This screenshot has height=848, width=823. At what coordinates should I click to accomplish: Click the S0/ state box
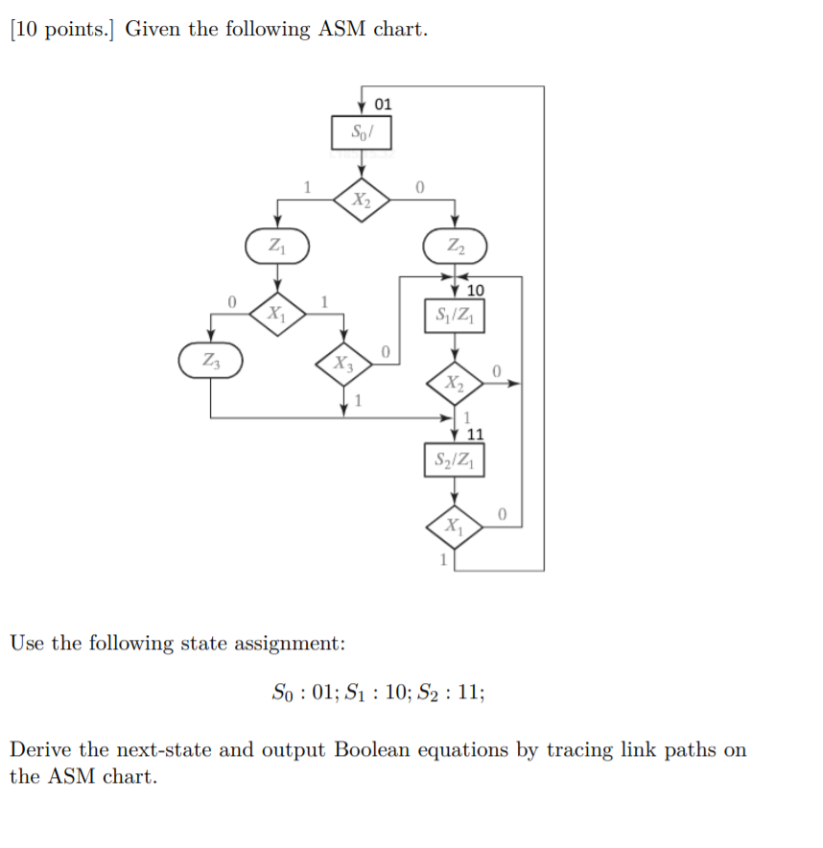(x=362, y=131)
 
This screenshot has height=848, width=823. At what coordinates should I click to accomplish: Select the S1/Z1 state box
(x=454, y=315)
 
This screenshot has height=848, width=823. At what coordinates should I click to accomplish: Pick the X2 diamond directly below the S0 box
(x=361, y=200)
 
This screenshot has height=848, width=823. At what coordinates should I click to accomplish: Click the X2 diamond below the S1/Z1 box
(x=455, y=384)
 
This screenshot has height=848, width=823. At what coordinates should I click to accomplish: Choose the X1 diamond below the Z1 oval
(x=277, y=312)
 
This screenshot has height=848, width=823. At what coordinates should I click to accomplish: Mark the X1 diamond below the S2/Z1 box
(x=455, y=526)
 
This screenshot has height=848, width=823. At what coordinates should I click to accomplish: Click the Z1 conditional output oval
(x=277, y=245)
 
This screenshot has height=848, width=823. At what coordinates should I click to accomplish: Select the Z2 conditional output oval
(x=455, y=245)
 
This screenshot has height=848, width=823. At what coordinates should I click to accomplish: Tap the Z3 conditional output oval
(x=210, y=360)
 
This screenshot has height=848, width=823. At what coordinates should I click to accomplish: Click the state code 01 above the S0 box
(x=383, y=103)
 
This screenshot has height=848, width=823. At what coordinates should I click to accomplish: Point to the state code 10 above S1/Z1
(x=476, y=290)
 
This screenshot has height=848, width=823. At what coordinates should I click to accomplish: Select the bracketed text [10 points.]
(x=63, y=29)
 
